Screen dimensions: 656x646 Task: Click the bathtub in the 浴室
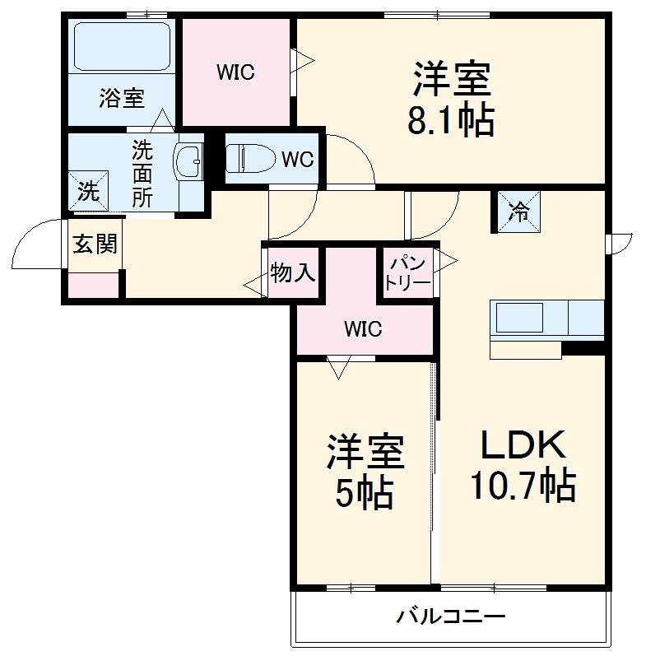[x=122, y=46]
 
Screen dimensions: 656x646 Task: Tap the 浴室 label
[x=122, y=99]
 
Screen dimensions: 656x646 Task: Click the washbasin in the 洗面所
[x=189, y=161]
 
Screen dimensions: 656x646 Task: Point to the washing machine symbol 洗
[x=88, y=190]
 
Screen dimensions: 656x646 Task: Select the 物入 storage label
[x=294, y=272]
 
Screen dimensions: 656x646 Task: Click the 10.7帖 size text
[x=522, y=486]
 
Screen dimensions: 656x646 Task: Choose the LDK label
[x=523, y=445]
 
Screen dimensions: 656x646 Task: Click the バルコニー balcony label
[x=450, y=616]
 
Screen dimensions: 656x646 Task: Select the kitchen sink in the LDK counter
[x=518, y=317]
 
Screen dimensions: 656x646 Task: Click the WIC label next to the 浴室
[x=236, y=72]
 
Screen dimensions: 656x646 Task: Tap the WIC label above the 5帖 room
[x=363, y=329]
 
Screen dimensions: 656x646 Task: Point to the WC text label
[x=297, y=160]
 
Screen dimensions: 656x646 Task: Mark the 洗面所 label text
[x=143, y=174]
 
